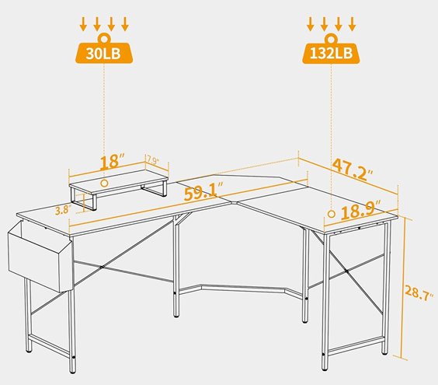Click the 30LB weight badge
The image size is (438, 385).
point(103,52)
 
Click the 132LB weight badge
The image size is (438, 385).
point(332,52)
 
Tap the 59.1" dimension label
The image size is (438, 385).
point(204,191)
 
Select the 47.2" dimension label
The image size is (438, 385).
point(353,169)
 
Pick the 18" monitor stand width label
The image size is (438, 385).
point(111,163)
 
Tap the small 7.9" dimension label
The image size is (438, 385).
point(153,160)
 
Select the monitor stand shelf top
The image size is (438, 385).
point(118,180)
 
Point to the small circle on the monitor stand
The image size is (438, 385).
point(104,184)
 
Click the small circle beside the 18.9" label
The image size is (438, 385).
point(332,214)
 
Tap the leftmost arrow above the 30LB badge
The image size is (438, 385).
point(82,24)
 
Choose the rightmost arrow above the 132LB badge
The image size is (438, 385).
point(353,24)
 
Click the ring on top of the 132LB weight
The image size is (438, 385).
point(332,38)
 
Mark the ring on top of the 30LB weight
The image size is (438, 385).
point(104,38)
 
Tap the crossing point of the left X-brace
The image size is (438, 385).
point(102,267)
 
